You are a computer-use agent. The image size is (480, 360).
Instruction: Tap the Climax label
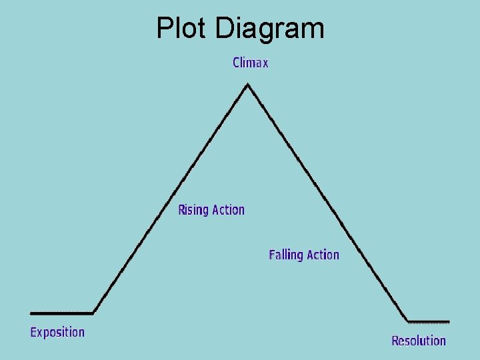[x=251, y=63]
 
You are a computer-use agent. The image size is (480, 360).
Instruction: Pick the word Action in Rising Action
[x=229, y=210]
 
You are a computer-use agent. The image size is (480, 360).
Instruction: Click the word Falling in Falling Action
[x=285, y=255]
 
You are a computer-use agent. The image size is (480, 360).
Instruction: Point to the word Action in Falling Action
[x=323, y=255]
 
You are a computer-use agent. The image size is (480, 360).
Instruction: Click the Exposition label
[x=57, y=332]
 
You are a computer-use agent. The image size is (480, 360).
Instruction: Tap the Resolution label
[x=419, y=341]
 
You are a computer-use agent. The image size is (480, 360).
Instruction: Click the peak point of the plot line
[x=248, y=84]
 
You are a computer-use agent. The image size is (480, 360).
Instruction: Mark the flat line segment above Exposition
[x=61, y=312]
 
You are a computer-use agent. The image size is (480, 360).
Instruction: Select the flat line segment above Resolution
[x=429, y=321]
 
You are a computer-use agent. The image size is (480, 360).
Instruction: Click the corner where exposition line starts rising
[x=93, y=312]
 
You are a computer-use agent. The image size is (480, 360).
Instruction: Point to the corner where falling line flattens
[x=408, y=321]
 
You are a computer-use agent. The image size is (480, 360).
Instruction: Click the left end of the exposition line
[x=31, y=312]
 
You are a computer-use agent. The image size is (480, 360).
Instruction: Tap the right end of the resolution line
[x=449, y=321]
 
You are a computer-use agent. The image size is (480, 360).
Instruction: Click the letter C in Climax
[x=237, y=63]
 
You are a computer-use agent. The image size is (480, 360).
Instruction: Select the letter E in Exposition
[x=34, y=332]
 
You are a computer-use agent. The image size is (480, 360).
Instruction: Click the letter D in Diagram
[x=225, y=28]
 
